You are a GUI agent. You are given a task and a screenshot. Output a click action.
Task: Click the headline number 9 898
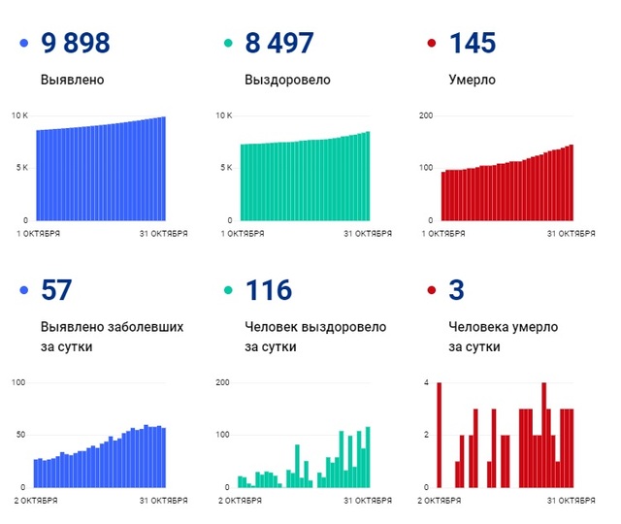pyautogui.click(x=76, y=43)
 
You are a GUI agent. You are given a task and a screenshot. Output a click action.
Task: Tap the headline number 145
pyautogui.click(x=473, y=43)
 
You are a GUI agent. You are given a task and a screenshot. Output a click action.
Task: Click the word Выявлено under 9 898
pyautogui.click(x=73, y=80)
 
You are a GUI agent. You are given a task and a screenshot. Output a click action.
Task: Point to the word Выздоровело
pyautogui.click(x=287, y=80)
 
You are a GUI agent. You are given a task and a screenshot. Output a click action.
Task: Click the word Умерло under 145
pyautogui.click(x=473, y=80)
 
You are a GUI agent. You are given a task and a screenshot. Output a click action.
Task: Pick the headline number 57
pyautogui.click(x=57, y=289)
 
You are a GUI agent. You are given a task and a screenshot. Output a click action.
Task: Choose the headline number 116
pyautogui.click(x=269, y=289)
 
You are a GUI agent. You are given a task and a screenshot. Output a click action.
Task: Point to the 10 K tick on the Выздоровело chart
pyautogui.click(x=223, y=115)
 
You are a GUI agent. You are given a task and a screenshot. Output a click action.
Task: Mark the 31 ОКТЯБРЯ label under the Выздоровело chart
pyautogui.click(x=370, y=234)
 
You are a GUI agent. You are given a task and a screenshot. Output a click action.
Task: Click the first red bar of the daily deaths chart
pyautogui.click(x=439, y=435)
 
